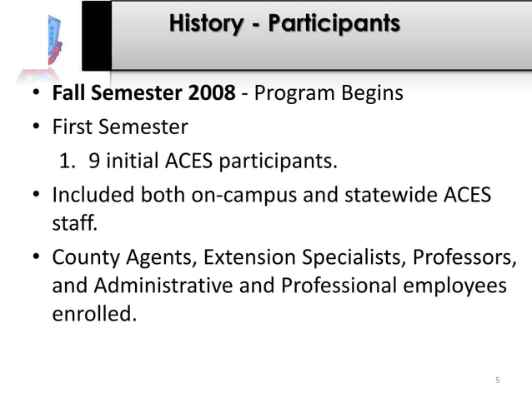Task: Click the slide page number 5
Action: [498, 381]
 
